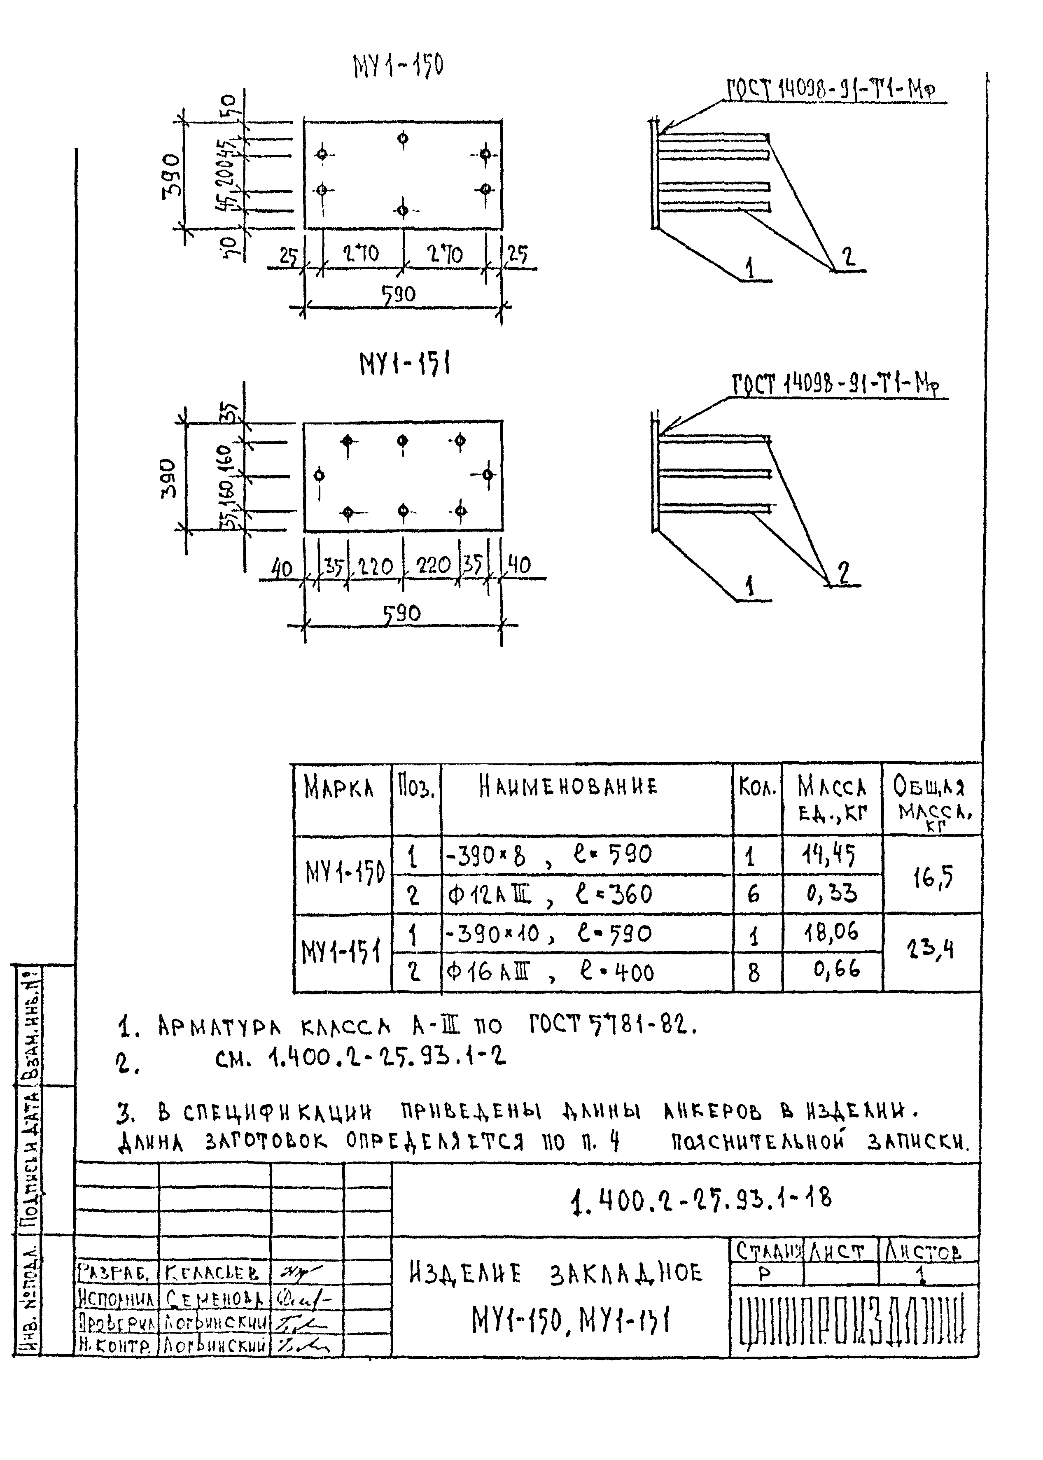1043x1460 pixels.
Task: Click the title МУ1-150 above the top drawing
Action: point(398,66)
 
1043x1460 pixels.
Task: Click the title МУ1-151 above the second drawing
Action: point(405,365)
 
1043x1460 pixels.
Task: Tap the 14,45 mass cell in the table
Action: point(831,855)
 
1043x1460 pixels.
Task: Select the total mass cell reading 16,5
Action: point(933,876)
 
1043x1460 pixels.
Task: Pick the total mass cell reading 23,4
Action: point(933,948)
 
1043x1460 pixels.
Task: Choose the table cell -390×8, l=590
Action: point(549,855)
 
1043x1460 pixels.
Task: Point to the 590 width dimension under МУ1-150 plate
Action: point(399,295)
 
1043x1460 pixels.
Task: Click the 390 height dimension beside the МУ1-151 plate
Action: point(168,478)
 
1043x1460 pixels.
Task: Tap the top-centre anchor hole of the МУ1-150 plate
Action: point(403,138)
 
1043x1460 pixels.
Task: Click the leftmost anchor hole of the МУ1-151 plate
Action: point(319,476)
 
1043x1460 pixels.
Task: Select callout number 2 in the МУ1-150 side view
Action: point(848,257)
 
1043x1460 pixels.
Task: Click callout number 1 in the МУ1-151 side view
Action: point(749,585)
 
